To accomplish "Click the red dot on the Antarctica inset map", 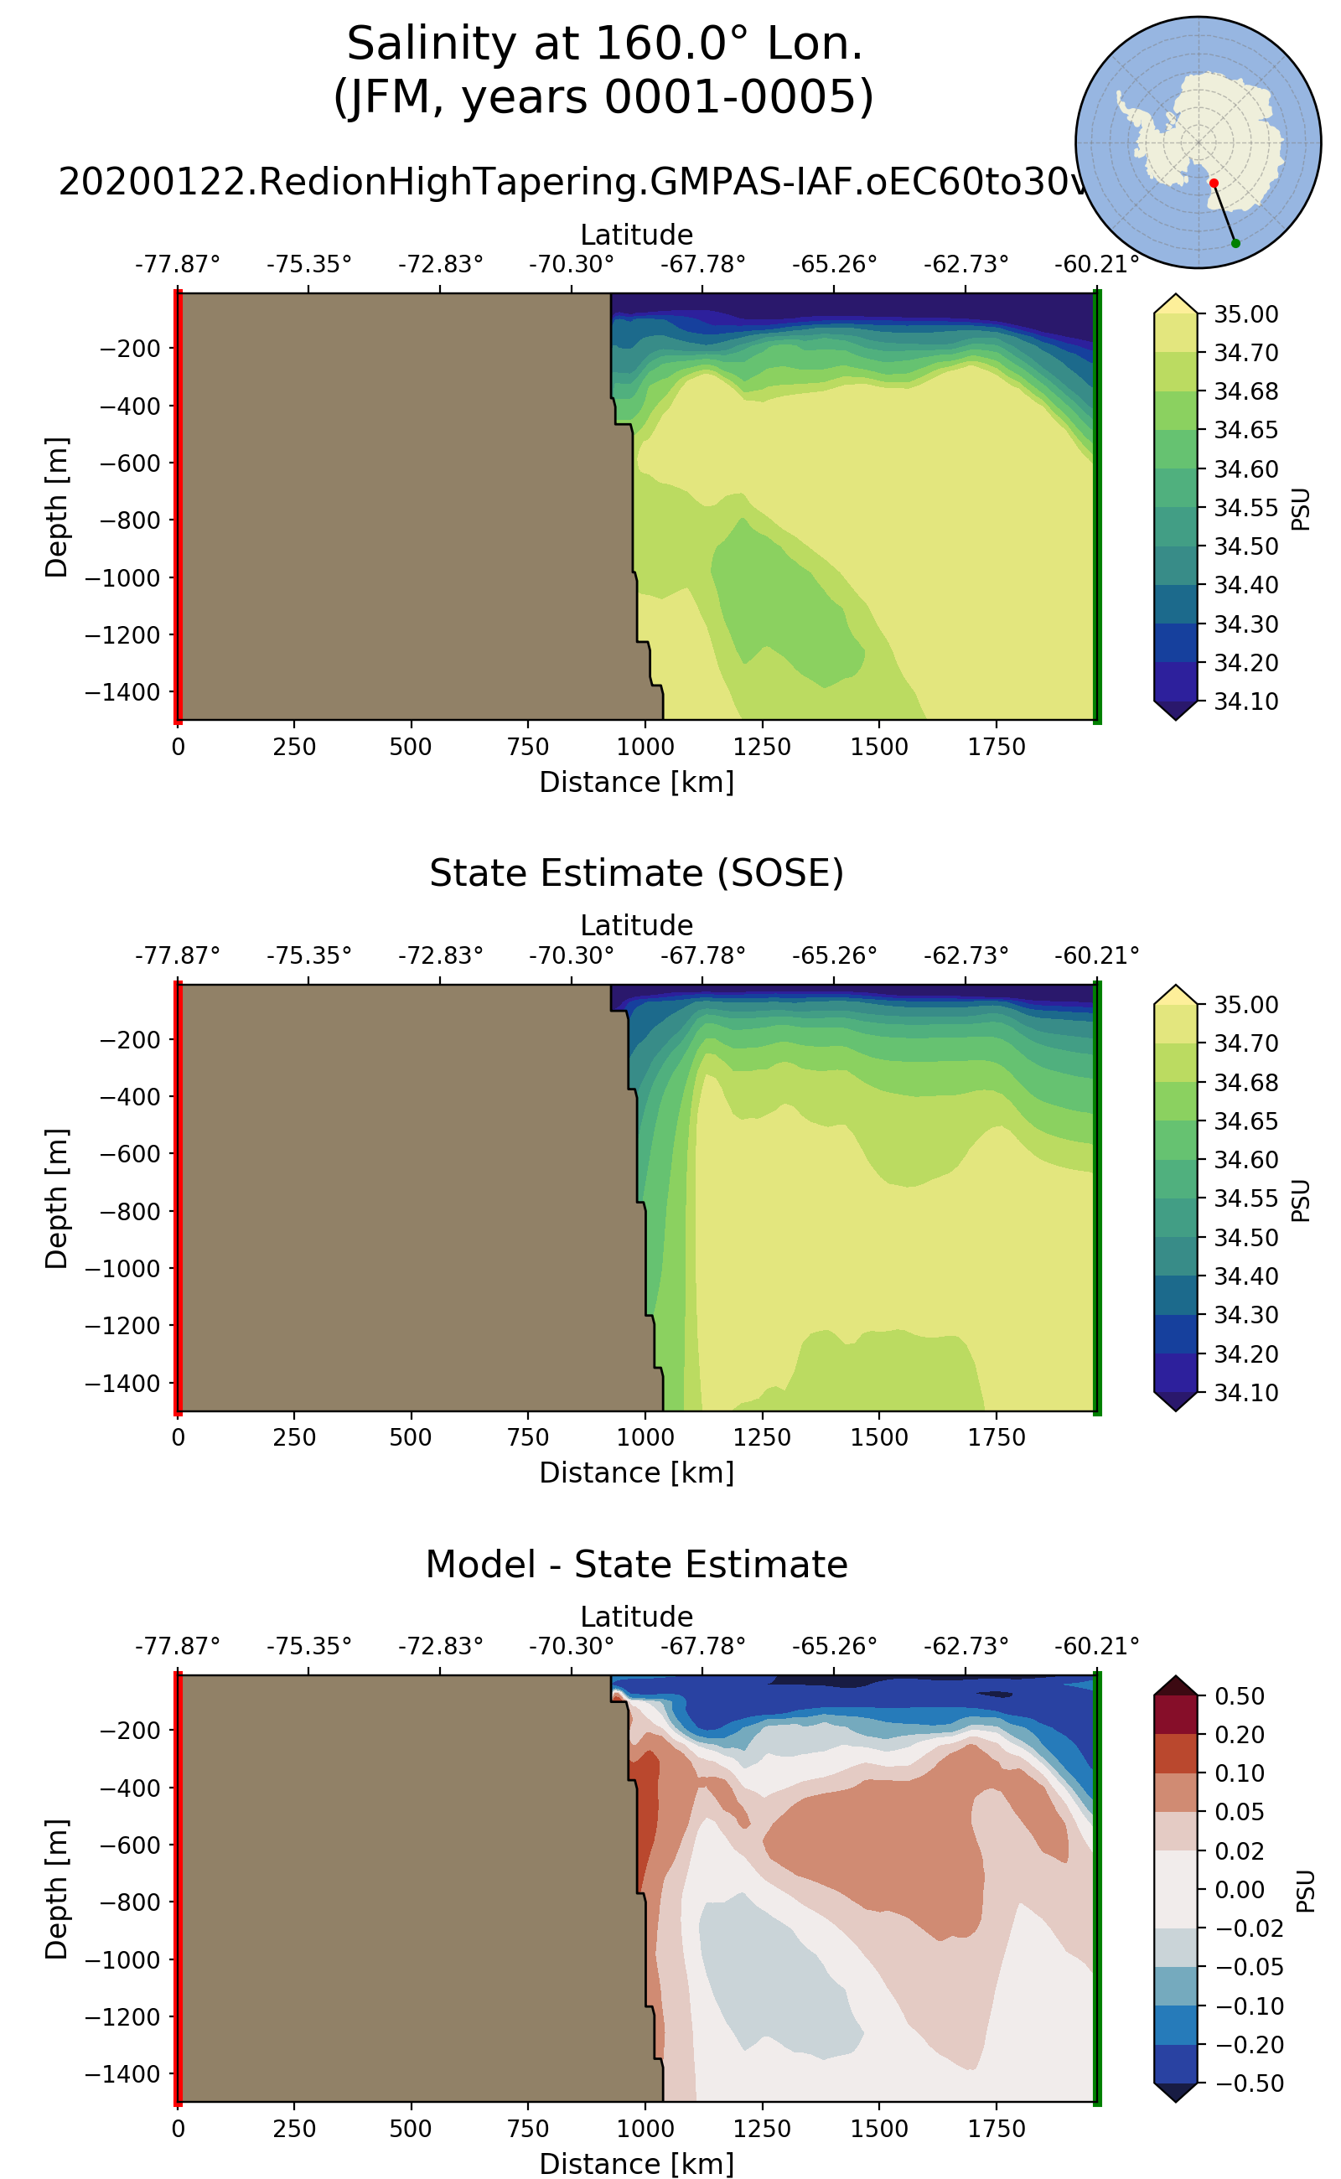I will click(1214, 183).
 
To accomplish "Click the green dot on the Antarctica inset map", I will click(1235, 243).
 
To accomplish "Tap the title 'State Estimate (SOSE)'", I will click(636, 873).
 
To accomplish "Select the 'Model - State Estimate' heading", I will click(636, 1565).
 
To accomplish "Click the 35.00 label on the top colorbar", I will click(1245, 314).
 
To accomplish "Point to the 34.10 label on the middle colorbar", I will click(1245, 1392).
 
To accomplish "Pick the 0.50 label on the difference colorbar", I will click(1239, 1695).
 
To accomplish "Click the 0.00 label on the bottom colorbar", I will click(1239, 1889).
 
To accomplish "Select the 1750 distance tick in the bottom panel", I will click(996, 2129).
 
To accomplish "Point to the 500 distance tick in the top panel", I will click(411, 747).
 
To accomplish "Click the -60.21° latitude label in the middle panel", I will click(1096, 955).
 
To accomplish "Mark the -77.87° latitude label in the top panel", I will click(178, 264).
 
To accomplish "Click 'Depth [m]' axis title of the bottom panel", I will click(56, 1889).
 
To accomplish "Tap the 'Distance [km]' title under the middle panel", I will click(636, 1473).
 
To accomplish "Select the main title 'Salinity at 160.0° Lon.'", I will click(604, 44).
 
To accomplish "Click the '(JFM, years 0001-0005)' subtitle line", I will click(604, 96).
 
